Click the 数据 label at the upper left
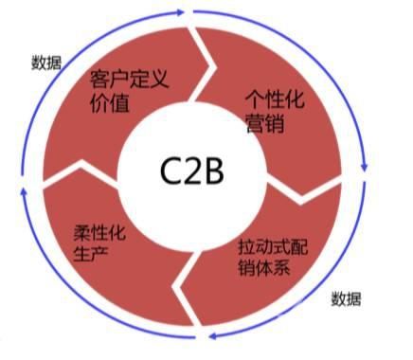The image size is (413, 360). tap(46, 63)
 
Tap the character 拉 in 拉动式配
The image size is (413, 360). tap(244, 245)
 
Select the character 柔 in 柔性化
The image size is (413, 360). tap(78, 230)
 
